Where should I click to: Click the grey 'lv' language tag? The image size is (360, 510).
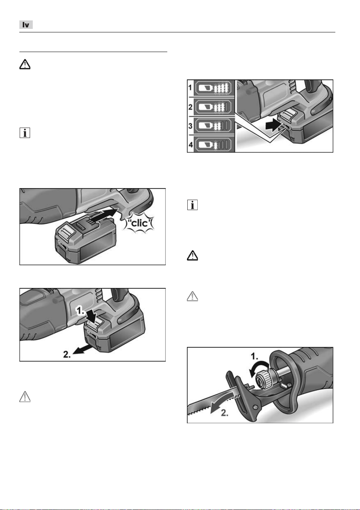(26, 25)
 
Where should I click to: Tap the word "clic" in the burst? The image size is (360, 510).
(140, 223)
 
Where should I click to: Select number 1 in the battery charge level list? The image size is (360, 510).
(190, 88)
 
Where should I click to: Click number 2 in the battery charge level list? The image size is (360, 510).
(190, 107)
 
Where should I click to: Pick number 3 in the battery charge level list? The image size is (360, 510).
(190, 126)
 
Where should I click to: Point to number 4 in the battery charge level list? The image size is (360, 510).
(190, 145)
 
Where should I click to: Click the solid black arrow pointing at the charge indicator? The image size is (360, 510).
(273, 126)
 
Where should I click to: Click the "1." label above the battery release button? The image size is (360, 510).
(81, 311)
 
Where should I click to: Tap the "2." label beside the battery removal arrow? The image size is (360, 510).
(67, 354)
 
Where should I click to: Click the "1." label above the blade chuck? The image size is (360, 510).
(254, 356)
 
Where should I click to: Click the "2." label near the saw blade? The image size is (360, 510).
(224, 413)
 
